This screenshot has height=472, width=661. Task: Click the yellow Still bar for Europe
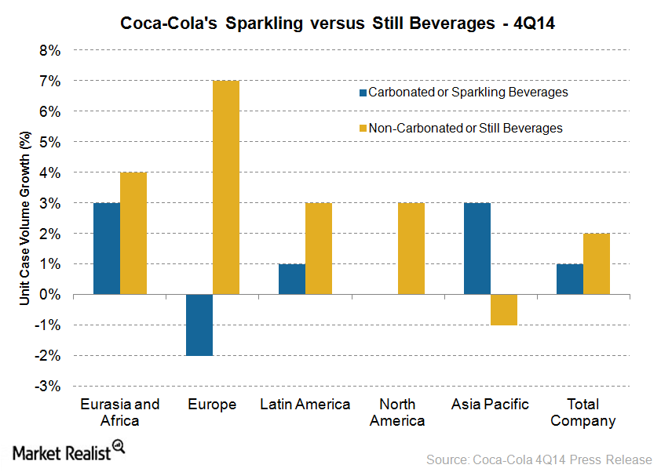click(226, 187)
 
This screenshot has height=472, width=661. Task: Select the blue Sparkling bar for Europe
click(199, 325)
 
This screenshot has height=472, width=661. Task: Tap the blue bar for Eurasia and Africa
click(107, 249)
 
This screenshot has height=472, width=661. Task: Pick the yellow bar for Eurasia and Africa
click(133, 233)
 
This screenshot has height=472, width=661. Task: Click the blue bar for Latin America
click(292, 279)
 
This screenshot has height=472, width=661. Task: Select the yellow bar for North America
click(411, 249)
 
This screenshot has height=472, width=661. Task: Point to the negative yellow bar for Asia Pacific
click(504, 310)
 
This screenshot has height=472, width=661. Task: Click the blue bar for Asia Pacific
click(477, 249)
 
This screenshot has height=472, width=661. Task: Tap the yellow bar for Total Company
click(597, 263)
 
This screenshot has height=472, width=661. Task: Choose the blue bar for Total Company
click(570, 279)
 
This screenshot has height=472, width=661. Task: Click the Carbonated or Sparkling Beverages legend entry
click(463, 93)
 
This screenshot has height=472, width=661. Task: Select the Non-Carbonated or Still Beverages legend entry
click(461, 128)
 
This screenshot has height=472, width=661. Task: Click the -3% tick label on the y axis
click(48, 387)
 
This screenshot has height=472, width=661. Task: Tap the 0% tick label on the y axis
click(50, 295)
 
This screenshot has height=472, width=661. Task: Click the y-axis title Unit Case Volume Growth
click(25, 219)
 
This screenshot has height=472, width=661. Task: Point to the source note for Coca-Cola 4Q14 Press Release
click(539, 459)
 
